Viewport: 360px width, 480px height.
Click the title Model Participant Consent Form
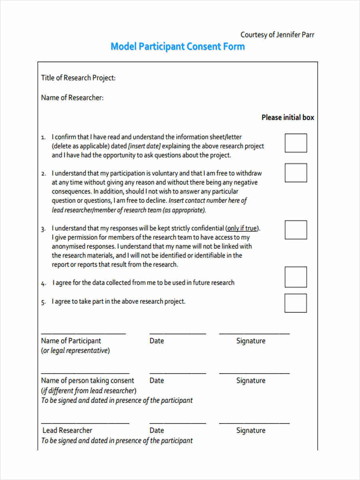[178, 46]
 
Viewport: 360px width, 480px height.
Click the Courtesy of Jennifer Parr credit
[277, 35]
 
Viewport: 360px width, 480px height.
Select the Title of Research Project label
[78, 78]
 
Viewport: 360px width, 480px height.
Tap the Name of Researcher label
[72, 98]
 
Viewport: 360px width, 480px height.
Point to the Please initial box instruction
[288, 118]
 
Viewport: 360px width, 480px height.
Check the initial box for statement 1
[296, 143]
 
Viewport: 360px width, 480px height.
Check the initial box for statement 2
[296, 173]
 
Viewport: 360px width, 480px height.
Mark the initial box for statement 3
[296, 230]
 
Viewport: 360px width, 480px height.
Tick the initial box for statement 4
[296, 277]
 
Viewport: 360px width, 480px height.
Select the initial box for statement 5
[296, 303]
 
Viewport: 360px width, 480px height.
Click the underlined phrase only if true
[242, 228]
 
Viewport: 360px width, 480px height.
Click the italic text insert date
[144, 146]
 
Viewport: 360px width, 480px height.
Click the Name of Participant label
[71, 341]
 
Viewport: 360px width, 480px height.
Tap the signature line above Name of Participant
[83, 333]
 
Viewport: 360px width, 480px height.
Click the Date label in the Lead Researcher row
[156, 430]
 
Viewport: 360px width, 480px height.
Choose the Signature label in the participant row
[250, 341]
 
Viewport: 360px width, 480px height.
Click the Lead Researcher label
[67, 430]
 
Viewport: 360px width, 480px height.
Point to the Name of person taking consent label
[88, 380]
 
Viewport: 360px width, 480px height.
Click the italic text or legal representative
[75, 351]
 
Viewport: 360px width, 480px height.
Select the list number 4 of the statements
[43, 284]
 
